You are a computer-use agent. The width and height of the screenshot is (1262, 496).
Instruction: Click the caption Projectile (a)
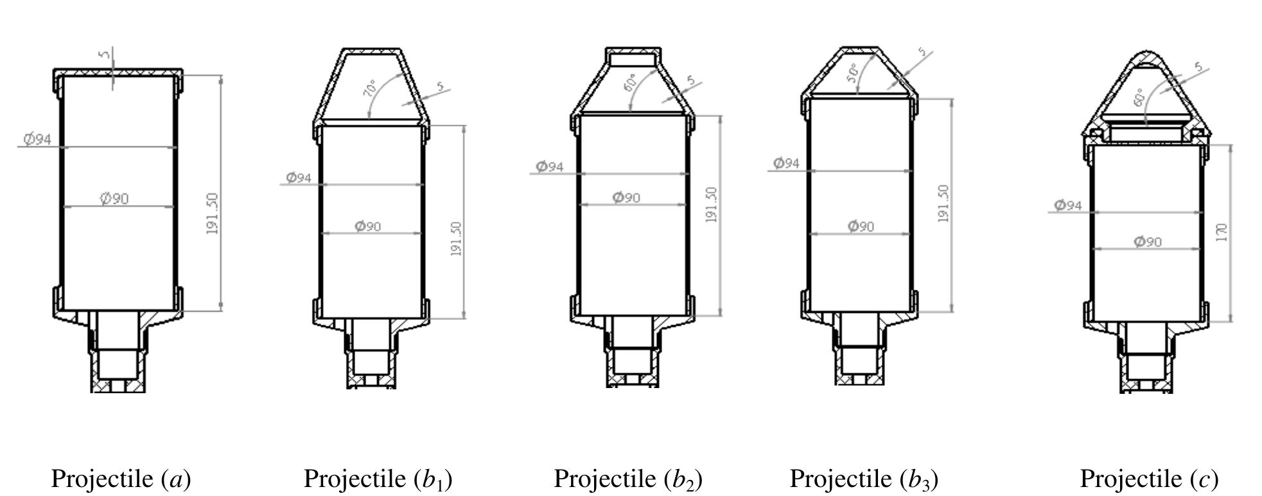click(121, 479)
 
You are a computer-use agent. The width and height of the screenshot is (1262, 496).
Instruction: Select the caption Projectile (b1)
click(378, 479)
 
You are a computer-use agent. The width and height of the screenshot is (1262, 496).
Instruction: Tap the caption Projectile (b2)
click(628, 479)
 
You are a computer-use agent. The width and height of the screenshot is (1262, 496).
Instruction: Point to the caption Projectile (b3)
click(864, 479)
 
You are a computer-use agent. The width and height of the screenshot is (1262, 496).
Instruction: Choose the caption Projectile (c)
click(1149, 479)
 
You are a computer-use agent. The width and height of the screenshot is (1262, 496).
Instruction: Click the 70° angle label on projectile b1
click(371, 89)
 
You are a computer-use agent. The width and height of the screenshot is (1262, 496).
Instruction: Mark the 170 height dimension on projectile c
click(1222, 232)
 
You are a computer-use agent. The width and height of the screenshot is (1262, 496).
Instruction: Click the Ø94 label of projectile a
click(37, 138)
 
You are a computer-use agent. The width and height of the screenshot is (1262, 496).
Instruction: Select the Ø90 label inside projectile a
click(114, 199)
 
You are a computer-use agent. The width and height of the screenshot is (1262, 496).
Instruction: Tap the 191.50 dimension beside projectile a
click(213, 213)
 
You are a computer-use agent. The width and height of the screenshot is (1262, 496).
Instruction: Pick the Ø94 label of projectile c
click(1068, 205)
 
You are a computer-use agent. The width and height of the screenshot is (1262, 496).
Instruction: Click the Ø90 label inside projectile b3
click(861, 226)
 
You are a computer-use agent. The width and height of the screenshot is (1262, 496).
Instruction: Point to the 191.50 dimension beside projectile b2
click(712, 205)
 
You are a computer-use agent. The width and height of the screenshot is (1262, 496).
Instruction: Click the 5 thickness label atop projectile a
click(104, 55)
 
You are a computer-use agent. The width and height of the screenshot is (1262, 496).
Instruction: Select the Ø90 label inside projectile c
click(1148, 242)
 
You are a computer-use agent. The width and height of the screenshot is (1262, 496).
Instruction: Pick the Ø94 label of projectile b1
click(299, 177)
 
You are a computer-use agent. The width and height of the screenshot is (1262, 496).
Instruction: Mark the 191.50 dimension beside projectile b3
click(943, 204)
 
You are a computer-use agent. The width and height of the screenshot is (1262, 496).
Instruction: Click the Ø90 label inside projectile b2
click(626, 197)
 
